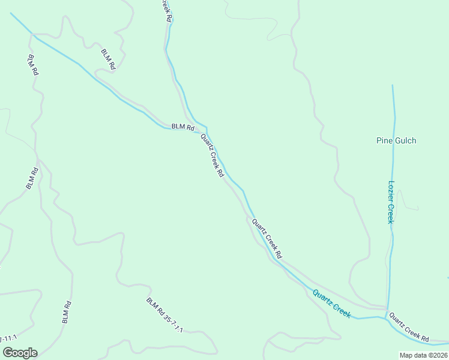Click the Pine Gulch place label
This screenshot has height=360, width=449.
[x=396, y=141]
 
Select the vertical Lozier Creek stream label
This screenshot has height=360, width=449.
[x=390, y=202]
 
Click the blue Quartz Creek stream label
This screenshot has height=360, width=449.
[x=331, y=302]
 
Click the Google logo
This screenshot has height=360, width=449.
[x=20, y=353]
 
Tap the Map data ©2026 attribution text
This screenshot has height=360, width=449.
[x=423, y=355]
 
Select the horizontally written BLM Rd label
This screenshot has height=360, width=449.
[x=183, y=127]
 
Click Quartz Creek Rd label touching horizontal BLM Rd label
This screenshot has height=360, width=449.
[x=212, y=155]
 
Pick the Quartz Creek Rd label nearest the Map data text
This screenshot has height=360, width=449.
[x=409, y=327]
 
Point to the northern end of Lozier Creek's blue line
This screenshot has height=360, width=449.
[x=393, y=86]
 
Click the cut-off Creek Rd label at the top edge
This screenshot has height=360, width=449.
[x=167, y=11]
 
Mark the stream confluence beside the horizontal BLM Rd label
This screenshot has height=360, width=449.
[x=206, y=128]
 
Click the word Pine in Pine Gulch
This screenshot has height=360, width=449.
[x=384, y=141]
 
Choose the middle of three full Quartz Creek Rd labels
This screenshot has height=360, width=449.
[x=267, y=239]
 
